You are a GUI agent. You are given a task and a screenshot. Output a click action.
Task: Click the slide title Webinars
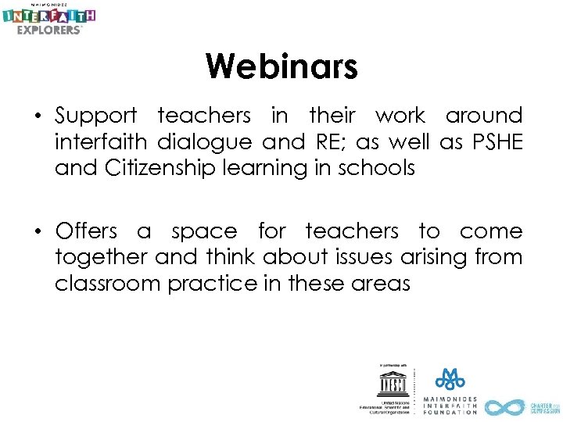(281, 66)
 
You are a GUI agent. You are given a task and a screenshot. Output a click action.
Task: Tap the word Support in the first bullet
(95, 116)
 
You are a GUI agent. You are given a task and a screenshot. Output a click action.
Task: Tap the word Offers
(86, 231)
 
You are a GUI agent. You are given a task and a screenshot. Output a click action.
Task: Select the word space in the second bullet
(203, 232)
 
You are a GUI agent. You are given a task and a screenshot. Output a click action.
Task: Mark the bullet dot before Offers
(37, 232)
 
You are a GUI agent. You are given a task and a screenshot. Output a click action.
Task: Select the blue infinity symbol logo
(505, 407)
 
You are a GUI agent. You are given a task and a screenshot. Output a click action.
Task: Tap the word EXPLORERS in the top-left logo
(48, 30)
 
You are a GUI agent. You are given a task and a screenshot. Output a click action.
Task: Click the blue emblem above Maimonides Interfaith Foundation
(450, 379)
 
